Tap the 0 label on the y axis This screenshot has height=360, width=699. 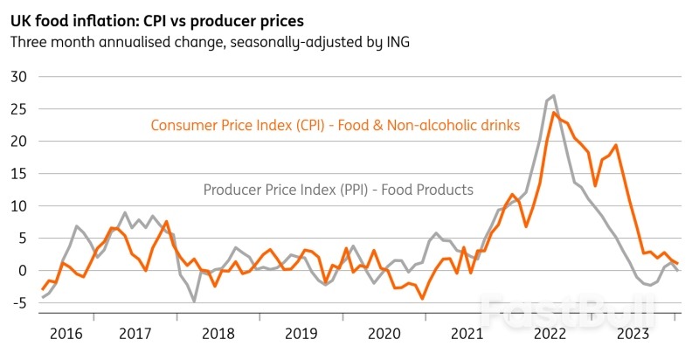coord(24,271)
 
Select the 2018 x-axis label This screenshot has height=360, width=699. coord(218,334)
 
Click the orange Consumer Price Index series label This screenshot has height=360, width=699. coord(336,126)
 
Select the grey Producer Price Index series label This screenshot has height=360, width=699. coord(338,190)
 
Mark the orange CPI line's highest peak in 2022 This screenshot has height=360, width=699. coord(555,113)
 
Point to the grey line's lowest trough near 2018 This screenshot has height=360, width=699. coord(194,301)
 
